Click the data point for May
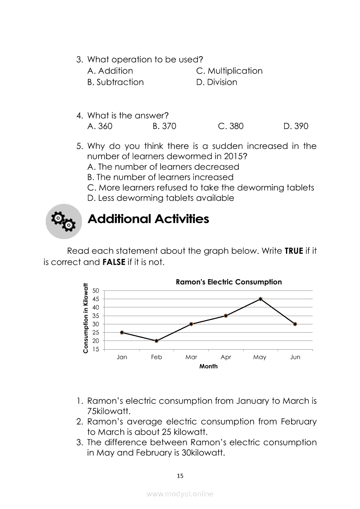click(260, 299)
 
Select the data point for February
click(156, 341)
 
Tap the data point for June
click(295, 324)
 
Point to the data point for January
click(122, 333)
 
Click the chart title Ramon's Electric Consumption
click(228, 282)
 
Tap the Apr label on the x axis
click(226, 357)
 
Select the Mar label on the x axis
click(191, 357)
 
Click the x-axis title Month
click(208, 367)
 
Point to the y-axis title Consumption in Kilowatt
click(85, 318)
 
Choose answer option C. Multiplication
click(229, 71)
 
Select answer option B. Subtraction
click(115, 82)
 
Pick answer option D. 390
click(295, 126)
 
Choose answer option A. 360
click(100, 126)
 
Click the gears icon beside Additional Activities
click(64, 221)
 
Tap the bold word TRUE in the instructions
click(294, 251)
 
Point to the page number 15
click(180, 476)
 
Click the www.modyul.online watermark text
click(180, 494)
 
